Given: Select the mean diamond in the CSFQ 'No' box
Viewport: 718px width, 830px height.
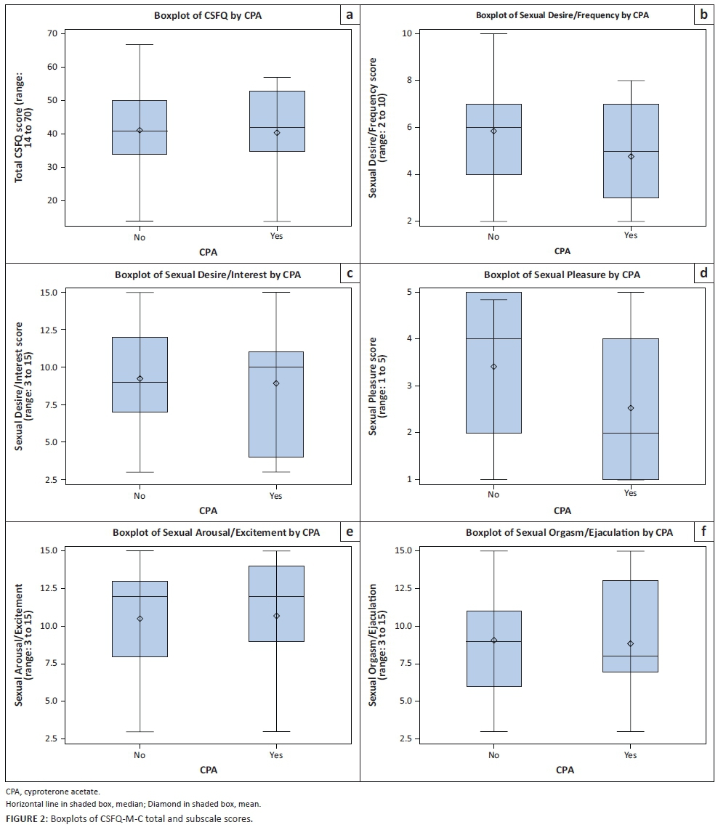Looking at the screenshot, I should [140, 131].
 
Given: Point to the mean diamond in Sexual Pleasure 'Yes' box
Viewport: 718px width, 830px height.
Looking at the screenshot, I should [631, 408].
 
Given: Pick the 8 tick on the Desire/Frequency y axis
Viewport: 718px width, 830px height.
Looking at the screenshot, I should [408, 81].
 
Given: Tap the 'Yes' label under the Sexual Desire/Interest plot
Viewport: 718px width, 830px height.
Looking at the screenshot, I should [276, 496].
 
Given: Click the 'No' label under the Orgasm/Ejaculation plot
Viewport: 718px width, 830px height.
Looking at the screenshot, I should [494, 755].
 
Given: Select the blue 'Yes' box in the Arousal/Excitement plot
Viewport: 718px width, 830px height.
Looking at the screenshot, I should [276, 603].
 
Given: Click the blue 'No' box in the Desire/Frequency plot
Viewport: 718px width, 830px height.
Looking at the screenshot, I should [494, 139].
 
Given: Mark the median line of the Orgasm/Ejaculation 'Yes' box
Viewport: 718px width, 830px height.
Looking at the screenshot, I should [631, 656].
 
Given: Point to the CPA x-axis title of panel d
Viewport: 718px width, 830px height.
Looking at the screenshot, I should [562, 511].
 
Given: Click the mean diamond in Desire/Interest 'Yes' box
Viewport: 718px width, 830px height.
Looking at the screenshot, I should [276, 383].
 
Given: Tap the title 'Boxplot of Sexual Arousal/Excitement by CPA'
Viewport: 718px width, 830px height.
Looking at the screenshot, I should [216, 533].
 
